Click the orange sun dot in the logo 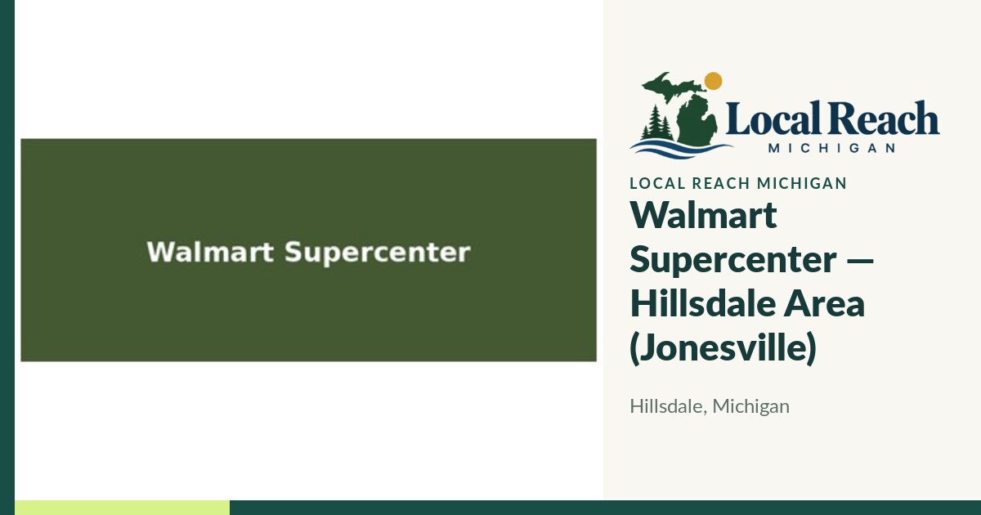(713, 81)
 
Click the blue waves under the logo (681, 149)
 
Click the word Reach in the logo (882, 118)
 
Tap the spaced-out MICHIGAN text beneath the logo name (831, 148)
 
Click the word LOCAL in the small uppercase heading (657, 183)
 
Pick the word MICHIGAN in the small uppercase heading (801, 183)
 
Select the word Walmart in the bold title (703, 215)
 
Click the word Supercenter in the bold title (733, 260)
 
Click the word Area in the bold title (824, 304)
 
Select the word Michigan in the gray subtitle (751, 407)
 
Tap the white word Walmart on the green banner (210, 252)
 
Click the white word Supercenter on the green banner (378, 253)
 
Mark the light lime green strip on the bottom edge (122, 508)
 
